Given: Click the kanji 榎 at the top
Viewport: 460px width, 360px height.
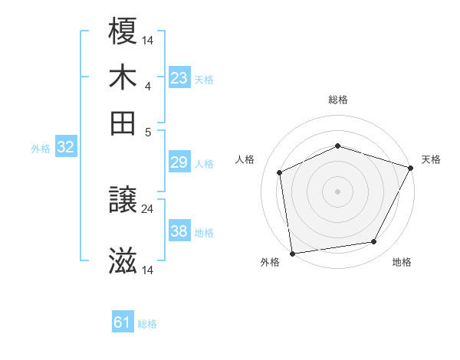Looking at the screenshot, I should (x=123, y=31).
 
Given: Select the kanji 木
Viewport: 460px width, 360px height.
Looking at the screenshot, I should (x=123, y=77).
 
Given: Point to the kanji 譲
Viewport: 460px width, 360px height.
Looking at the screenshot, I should (x=123, y=201).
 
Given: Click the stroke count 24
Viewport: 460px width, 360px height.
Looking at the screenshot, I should (x=147, y=208).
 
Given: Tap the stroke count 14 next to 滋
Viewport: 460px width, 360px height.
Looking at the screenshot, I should (x=147, y=270).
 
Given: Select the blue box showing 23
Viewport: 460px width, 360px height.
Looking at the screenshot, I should (x=179, y=78).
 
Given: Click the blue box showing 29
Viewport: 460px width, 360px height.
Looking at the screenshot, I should (x=179, y=162).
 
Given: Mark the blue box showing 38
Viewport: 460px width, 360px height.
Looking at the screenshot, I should (x=179, y=231).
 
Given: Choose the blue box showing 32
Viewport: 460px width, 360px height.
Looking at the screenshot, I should (x=65, y=148).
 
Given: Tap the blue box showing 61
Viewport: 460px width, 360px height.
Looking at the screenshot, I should (x=123, y=323).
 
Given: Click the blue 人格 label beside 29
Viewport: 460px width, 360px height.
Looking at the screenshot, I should (x=204, y=163).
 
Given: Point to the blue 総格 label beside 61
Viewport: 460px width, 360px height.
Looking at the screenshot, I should (x=147, y=324).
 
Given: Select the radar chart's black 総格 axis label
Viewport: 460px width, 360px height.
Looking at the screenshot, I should (x=338, y=100).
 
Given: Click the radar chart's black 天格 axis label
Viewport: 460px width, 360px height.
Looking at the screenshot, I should (x=431, y=159).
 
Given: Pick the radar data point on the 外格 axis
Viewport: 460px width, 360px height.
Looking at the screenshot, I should (x=292, y=253).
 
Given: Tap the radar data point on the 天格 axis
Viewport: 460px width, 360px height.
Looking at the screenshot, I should (x=411, y=168).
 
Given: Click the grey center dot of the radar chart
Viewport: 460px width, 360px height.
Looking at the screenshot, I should (x=338, y=191).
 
